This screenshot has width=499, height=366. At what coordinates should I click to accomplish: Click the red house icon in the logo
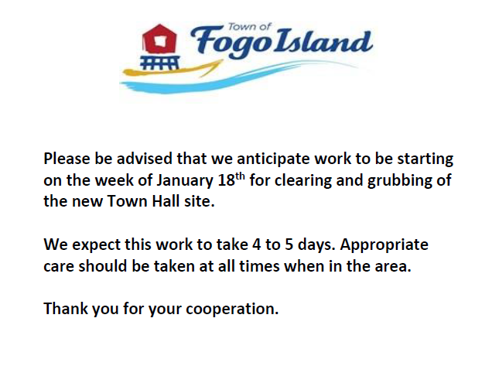click(159, 39)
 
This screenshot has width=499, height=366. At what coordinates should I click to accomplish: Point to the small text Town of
click(249, 27)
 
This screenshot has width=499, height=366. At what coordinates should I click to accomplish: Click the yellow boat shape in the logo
click(172, 70)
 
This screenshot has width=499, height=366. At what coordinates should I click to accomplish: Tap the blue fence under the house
click(159, 63)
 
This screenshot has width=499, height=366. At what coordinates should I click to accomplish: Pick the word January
click(185, 181)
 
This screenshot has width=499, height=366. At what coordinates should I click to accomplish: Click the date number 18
click(226, 180)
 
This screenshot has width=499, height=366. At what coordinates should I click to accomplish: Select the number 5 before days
click(289, 245)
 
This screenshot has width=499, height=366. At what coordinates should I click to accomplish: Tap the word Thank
click(66, 309)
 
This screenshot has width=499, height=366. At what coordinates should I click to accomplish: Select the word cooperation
click(232, 309)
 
